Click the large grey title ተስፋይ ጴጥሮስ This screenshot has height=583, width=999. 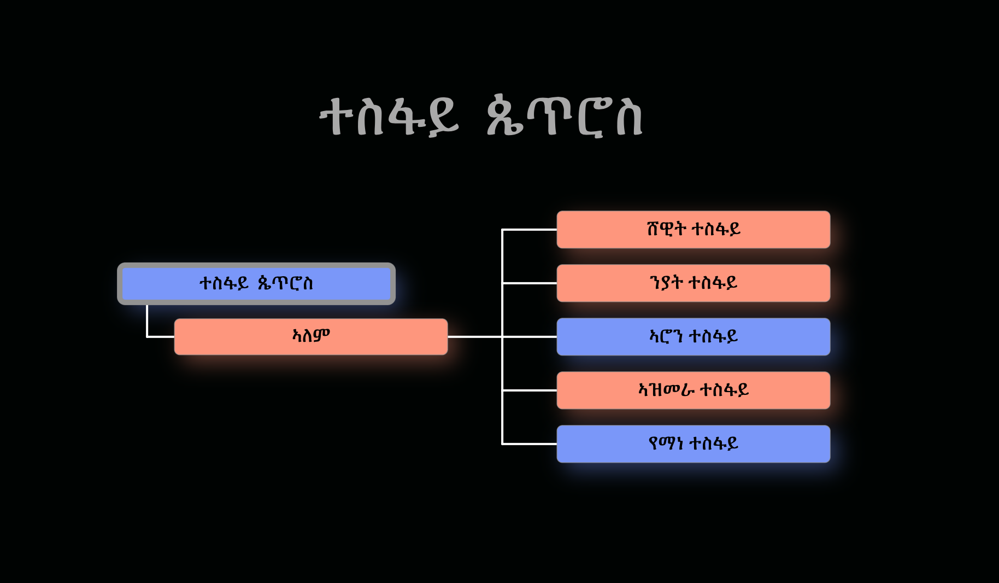click(481, 116)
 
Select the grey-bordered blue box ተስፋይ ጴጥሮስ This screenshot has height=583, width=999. click(256, 284)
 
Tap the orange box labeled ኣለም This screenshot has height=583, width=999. click(310, 336)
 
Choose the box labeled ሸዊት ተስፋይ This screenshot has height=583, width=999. click(693, 230)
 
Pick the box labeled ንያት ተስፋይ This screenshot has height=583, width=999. click(693, 283)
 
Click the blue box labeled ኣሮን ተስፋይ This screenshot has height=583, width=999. click(693, 337)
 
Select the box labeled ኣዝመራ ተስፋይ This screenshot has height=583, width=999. click(693, 390)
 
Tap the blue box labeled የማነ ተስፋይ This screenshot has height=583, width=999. click(693, 444)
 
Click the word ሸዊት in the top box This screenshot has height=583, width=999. click(666, 229)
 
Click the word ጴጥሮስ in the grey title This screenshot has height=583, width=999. click(564, 116)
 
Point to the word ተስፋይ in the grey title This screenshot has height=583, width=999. click(389, 116)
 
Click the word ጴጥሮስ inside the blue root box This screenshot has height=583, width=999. click(285, 283)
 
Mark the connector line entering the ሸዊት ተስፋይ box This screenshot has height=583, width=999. click(529, 230)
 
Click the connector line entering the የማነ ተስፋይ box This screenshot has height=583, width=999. click(529, 444)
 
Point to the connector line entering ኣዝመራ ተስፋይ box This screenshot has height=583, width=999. click(529, 390)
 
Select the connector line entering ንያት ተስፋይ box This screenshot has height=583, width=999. click(529, 283)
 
